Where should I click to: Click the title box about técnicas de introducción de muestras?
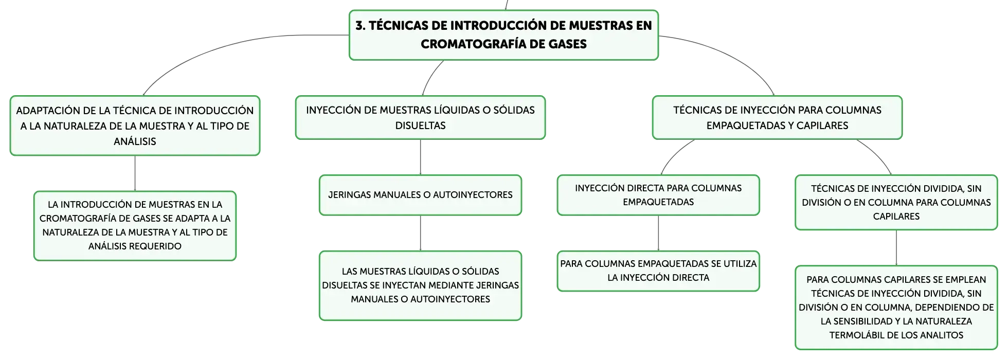[x=503, y=35]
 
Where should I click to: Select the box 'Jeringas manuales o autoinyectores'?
[x=420, y=195]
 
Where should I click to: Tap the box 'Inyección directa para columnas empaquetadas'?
[x=658, y=195]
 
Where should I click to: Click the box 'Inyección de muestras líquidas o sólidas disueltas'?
[x=420, y=117]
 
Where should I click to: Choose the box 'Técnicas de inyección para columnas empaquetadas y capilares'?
[x=777, y=117]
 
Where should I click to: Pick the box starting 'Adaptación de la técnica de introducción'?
[x=135, y=125]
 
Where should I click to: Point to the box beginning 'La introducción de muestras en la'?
[x=135, y=226]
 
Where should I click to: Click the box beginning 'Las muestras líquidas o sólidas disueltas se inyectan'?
[x=420, y=285]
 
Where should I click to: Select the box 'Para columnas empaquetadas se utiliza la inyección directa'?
[x=658, y=271]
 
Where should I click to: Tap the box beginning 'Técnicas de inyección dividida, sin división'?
[x=896, y=202]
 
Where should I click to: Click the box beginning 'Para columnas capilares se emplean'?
[x=896, y=308]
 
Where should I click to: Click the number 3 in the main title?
[x=359, y=26]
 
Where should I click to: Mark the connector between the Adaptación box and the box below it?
[x=135, y=173]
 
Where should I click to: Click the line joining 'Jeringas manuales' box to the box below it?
[x=420, y=233]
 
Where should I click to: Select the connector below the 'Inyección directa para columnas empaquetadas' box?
[x=658, y=233]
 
